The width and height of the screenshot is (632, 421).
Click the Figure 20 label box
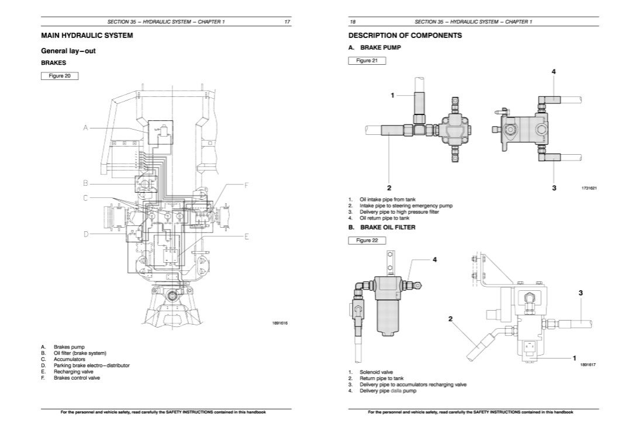60,75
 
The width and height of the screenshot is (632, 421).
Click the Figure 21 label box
367,61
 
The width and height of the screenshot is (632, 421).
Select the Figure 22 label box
367,241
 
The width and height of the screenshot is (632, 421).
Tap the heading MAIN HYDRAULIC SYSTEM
87,36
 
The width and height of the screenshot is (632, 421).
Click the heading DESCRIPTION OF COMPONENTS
405,36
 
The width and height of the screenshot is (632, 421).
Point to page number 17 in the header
287,22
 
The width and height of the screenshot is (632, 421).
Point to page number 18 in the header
353,22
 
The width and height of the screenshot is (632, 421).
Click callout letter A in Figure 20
85,128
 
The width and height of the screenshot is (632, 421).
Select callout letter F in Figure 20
247,185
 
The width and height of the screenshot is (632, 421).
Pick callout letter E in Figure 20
247,236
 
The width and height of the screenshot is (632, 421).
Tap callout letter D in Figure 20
85,234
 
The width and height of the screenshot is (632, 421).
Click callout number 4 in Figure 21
553,71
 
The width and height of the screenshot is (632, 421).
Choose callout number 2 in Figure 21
389,188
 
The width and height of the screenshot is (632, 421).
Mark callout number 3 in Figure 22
580,294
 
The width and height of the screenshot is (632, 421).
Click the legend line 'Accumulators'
70,359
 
